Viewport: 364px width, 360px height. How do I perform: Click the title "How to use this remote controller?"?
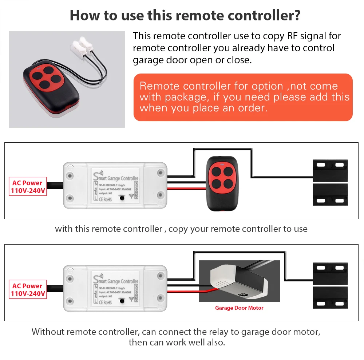click(x=185, y=15)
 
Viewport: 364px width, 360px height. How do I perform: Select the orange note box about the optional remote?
click(x=243, y=97)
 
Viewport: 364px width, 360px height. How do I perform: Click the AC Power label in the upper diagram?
click(x=27, y=186)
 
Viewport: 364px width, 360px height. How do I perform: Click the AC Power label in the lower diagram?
click(x=27, y=289)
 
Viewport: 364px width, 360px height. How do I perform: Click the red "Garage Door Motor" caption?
click(x=239, y=308)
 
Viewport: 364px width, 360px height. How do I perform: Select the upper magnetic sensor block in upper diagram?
click(x=330, y=170)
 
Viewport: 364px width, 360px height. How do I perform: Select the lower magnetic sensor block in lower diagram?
click(x=330, y=298)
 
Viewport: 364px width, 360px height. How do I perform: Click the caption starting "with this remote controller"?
click(x=181, y=229)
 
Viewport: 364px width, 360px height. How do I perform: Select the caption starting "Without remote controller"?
click(x=176, y=337)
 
